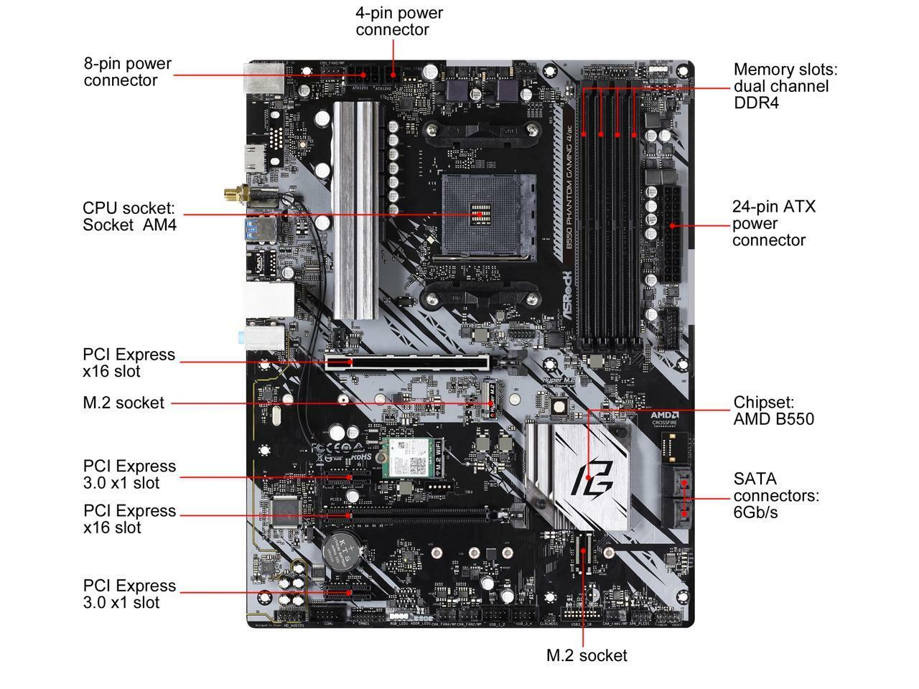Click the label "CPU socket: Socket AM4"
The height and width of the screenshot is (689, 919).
pyautogui.click(x=129, y=216)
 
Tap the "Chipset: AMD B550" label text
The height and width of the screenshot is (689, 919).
pyautogui.click(x=773, y=411)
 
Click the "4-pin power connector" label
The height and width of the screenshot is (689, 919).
pyautogui.click(x=399, y=22)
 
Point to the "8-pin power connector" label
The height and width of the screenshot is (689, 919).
pyautogui.click(x=128, y=72)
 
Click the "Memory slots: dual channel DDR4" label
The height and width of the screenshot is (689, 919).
pyautogui.click(x=785, y=86)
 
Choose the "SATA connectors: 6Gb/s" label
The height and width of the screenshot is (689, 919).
pyautogui.click(x=775, y=495)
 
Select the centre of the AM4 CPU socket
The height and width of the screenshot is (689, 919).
pyautogui.click(x=480, y=214)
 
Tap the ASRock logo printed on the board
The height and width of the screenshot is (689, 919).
pyautogui.click(x=566, y=294)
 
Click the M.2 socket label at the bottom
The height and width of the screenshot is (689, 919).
pyautogui.click(x=586, y=655)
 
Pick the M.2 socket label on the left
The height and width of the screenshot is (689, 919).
pyautogui.click(x=123, y=403)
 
